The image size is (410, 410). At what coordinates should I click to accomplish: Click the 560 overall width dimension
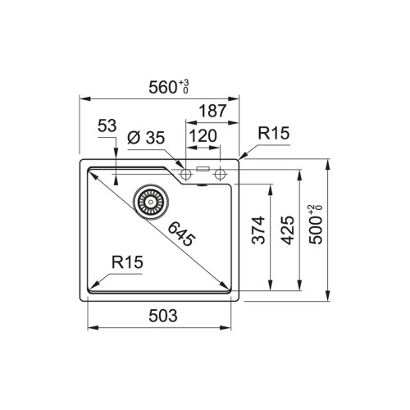(x=162, y=88)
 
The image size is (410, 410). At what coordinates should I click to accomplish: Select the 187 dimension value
(x=212, y=111)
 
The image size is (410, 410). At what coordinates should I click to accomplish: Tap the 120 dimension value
(x=203, y=136)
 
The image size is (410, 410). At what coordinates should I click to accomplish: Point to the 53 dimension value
(x=107, y=125)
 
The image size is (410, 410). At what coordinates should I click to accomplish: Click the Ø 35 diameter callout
(x=146, y=138)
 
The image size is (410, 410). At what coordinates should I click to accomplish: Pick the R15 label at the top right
(x=274, y=133)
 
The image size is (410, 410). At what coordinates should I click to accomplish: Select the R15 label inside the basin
(x=127, y=262)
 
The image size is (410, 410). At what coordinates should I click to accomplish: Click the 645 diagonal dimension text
(x=181, y=235)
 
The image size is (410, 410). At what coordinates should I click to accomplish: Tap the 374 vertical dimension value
(x=258, y=230)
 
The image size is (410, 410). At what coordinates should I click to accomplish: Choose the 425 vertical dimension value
(x=288, y=230)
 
